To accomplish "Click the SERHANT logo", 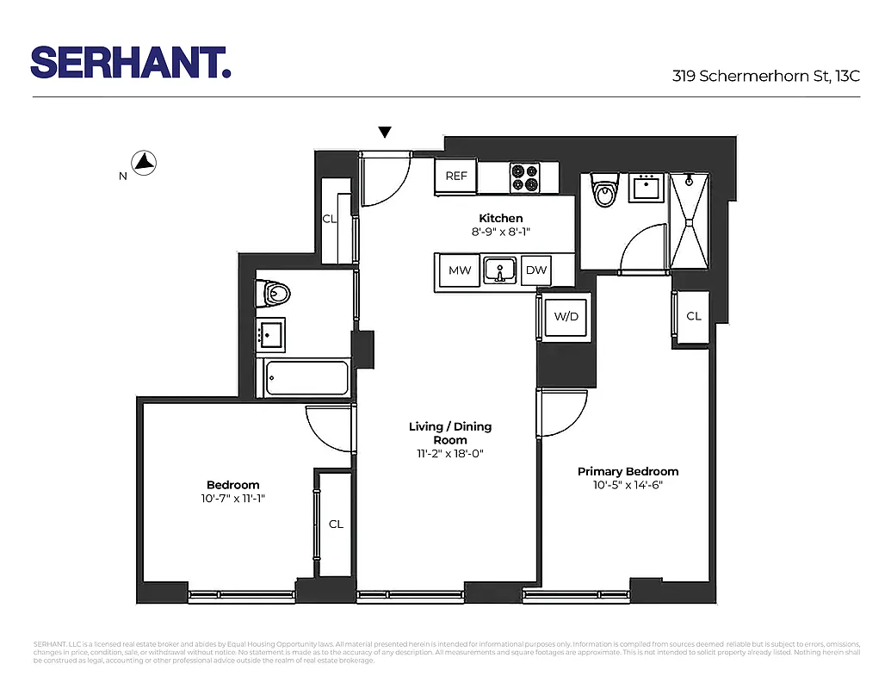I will (x=131, y=63).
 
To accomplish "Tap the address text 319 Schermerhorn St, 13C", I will (x=765, y=76).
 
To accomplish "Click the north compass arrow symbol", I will (x=143, y=161).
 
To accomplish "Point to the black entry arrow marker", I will (x=385, y=132).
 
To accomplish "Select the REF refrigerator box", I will (x=456, y=176).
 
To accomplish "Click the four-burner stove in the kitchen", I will (x=524, y=177).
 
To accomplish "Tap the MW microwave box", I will (x=460, y=270).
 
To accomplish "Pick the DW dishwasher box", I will (x=536, y=270).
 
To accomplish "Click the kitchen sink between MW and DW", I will (x=498, y=270).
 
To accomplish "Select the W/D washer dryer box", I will (x=566, y=316).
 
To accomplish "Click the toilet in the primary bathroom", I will (x=606, y=191).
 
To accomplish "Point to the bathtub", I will (x=306, y=377).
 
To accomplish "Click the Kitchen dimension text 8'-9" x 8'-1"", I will (x=500, y=232).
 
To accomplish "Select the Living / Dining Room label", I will (x=450, y=433).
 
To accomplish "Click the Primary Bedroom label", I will (x=628, y=471).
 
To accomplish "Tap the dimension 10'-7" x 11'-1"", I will (x=232, y=498).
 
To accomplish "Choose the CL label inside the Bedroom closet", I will (x=336, y=524).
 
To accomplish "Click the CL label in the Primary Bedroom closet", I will (x=694, y=316).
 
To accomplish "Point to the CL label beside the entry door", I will (x=329, y=219).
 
